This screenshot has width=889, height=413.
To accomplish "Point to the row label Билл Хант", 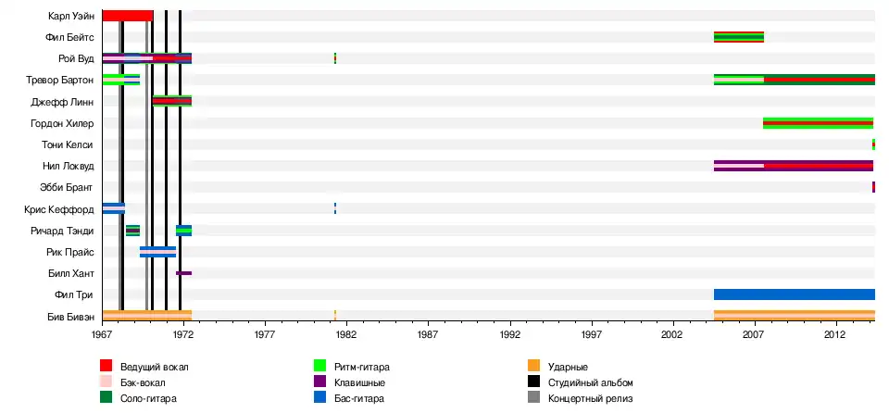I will (72, 273).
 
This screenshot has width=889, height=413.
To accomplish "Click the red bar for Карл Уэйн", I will (127, 16).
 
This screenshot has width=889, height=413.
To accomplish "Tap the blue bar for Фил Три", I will (794, 294).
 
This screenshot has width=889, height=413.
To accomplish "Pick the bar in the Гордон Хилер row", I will (818, 123).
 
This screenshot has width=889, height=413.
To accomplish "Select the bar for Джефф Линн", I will (172, 101).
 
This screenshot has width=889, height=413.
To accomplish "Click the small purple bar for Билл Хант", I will (183, 273).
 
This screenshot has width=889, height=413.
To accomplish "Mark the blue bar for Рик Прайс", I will (157, 251).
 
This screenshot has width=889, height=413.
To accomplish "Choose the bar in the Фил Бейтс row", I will (738, 37).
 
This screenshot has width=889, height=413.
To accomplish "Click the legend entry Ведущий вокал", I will (147, 367).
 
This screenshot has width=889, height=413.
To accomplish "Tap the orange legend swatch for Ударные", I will (533, 367).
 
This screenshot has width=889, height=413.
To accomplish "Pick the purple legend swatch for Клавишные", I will (320, 382).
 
